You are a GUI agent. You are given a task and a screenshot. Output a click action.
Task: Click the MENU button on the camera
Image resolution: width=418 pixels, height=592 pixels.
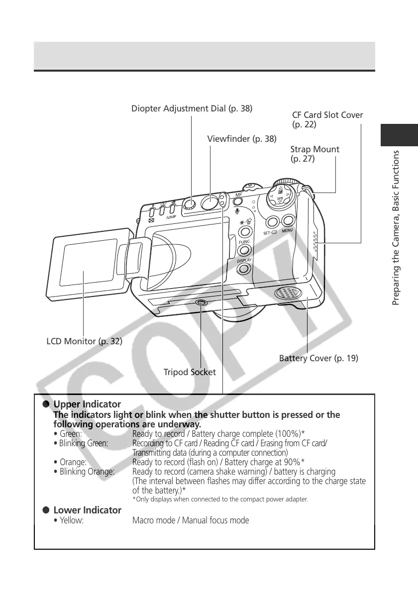coord(288,221)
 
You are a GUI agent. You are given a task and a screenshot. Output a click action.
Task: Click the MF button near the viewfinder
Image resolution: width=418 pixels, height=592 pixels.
coord(238,201)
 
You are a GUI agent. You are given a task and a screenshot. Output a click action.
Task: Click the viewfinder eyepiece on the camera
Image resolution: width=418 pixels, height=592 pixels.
coord(210,202)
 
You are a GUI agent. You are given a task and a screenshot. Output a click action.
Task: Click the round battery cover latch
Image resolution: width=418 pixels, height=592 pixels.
coord(288,293)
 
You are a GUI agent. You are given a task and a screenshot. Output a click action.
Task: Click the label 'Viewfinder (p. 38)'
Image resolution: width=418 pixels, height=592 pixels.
coord(242,138)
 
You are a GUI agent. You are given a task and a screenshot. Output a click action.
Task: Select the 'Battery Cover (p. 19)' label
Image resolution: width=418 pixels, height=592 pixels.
coord(318,358)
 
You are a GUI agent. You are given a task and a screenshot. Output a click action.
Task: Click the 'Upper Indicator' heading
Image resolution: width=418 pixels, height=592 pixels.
coord(87,404)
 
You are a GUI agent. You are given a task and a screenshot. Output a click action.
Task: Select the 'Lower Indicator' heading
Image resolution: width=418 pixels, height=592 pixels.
coord(87,510)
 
